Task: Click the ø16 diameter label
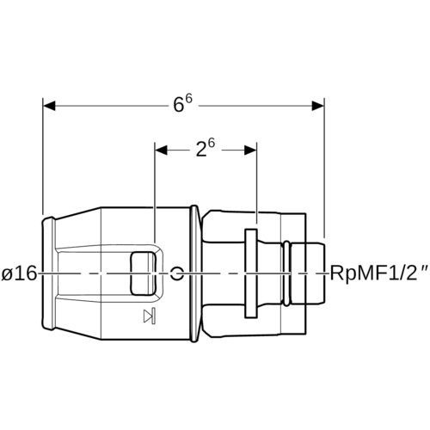coord(19,273)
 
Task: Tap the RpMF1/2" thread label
coord(379,274)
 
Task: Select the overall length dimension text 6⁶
coord(182,104)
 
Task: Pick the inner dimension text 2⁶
coord(205,148)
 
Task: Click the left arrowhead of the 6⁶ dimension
coord(49,106)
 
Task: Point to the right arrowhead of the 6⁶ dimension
coord(318,106)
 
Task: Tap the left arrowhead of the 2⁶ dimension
coord(161,150)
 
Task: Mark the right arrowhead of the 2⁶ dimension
coord(250,150)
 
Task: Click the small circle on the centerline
coord(177,273)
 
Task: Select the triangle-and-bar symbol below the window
coord(150,316)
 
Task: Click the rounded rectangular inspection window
coord(144,273)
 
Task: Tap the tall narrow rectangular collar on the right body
coord(251,273)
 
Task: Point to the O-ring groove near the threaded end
coord(286,273)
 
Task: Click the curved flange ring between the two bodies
coord(195,273)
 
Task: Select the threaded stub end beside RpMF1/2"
coord(309,273)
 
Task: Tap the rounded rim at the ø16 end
coord(47,273)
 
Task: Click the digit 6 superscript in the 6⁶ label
coord(188,99)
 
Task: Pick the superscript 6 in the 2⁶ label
coord(211,144)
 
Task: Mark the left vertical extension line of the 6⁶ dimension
coord(43,157)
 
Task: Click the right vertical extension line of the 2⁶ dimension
coord(256,183)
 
